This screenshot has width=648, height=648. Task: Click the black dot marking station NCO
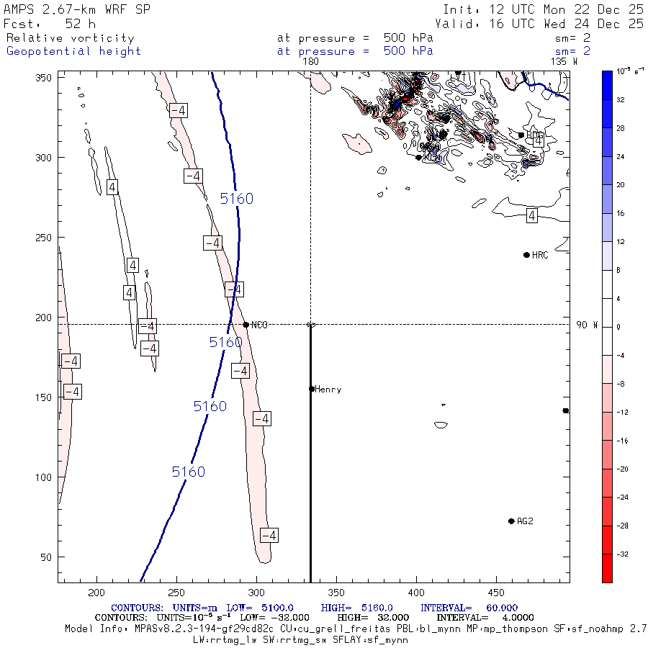[246, 325]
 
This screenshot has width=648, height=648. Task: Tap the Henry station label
[328, 390]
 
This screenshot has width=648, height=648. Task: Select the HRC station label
[540, 255]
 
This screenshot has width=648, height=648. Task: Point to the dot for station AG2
[511, 521]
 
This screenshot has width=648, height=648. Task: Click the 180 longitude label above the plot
[311, 62]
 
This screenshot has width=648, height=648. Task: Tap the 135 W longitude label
[564, 62]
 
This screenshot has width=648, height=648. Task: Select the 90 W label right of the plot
[587, 325]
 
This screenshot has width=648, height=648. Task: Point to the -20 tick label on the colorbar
[620, 469]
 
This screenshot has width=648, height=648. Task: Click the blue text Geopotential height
[73, 51]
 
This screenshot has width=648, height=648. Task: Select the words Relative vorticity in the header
[70, 38]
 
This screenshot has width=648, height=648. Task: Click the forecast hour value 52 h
[80, 24]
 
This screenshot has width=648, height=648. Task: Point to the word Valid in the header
[452, 24]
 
